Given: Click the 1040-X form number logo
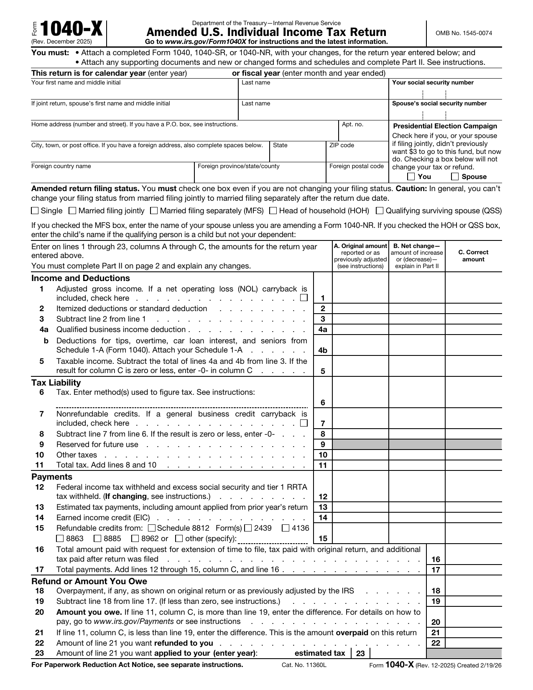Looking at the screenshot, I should click(x=71, y=30).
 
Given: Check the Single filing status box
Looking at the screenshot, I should click(x=35, y=211).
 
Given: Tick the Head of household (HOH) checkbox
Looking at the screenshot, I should click(x=273, y=211).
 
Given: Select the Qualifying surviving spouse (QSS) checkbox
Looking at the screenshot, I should click(x=380, y=211).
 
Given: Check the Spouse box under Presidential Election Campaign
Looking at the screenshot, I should click(x=455, y=176).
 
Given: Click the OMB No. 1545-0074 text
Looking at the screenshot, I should click(x=464, y=33).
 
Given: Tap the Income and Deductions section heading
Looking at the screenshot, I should click(x=81, y=278).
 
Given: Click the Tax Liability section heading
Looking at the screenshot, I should click(x=56, y=382).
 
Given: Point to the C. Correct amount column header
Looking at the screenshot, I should click(x=473, y=256).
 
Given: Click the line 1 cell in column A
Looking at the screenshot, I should click(x=360, y=293).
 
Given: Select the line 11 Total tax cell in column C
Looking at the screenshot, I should click(x=473, y=465).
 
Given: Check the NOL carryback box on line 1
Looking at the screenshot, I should click(x=304, y=298).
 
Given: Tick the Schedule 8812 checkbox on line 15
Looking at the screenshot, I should click(x=152, y=528).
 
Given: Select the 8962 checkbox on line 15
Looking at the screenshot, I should click(x=135, y=539).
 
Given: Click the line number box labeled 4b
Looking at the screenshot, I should click(x=323, y=350).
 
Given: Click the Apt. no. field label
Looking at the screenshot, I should click(x=352, y=125).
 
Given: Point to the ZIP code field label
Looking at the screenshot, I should click(x=342, y=146).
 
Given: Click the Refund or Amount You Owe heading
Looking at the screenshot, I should click(x=89, y=581).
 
